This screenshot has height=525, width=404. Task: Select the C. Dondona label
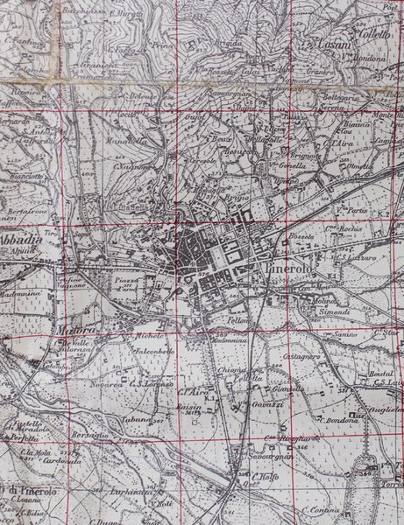click(341, 420)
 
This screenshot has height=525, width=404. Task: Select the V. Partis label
click(351, 210)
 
